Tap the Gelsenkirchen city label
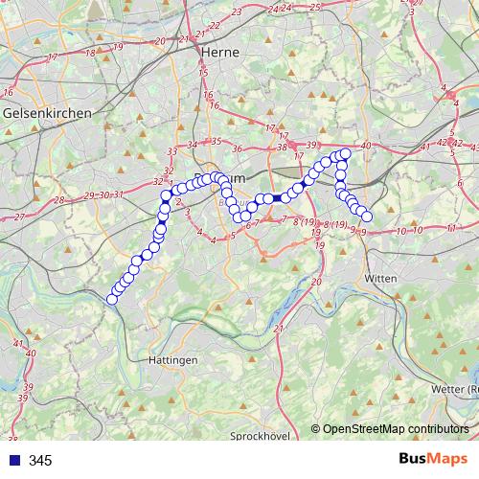[47, 113]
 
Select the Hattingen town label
[173, 359]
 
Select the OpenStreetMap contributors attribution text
[396, 428]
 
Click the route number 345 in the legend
[40, 461]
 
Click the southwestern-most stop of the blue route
[112, 300]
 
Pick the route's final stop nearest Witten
[366, 217]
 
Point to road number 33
[172, 151]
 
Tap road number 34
[193, 145]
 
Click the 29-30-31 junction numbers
[104, 194]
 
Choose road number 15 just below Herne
[202, 72]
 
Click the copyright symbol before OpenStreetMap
[317, 428]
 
